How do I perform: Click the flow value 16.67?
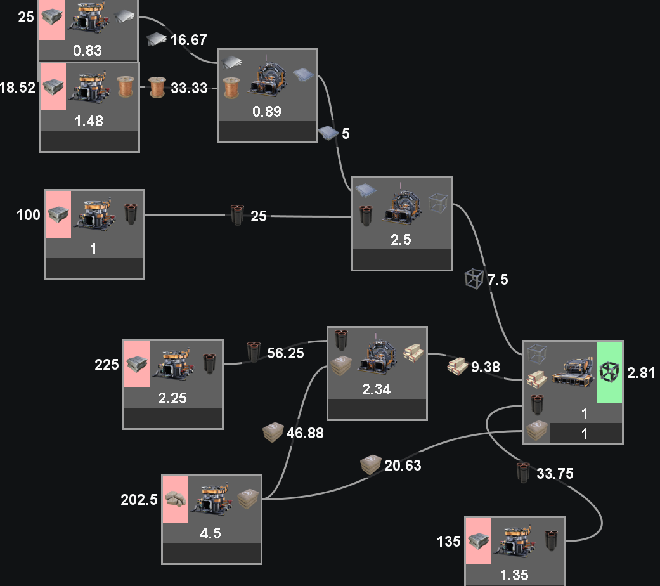188,40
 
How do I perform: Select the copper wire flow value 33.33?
189,88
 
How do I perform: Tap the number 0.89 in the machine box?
267,112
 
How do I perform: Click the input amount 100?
28,215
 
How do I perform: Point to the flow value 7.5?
498,279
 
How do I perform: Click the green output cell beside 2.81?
609,372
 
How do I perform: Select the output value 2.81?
640,372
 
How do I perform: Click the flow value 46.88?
305,433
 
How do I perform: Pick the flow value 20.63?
403,466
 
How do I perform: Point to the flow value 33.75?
555,473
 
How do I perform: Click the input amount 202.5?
139,499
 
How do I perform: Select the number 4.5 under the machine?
210,533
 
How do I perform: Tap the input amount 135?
450,542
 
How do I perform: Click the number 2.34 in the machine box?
377,389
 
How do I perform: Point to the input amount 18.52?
18,88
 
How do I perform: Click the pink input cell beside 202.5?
176,498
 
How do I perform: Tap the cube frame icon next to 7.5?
474,279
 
